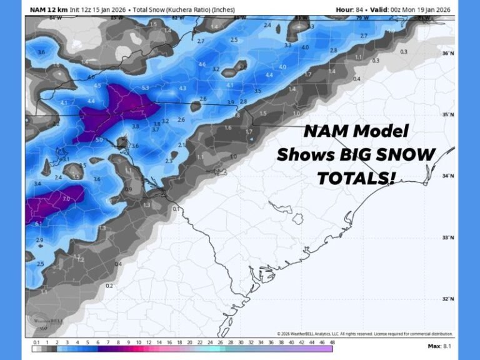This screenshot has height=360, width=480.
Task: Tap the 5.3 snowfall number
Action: (x=145, y=88)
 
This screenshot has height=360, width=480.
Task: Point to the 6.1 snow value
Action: (x=39, y=223)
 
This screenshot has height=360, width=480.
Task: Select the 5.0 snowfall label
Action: (x=99, y=140)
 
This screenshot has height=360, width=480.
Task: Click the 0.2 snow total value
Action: (x=109, y=286)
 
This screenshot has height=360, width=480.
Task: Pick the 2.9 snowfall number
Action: (x=40, y=240)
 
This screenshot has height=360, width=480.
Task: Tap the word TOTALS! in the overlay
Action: (x=357, y=178)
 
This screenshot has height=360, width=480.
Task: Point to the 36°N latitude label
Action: (x=447, y=54)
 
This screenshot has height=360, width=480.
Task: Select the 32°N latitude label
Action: (x=447, y=299)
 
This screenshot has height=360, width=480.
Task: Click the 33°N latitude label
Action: (x=447, y=237)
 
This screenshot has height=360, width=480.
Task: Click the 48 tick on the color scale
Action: (x=332, y=343)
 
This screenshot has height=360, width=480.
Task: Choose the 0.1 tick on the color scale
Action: (x=36, y=343)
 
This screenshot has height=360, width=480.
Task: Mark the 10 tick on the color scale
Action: (x=138, y=343)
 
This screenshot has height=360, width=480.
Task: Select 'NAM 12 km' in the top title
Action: (x=48, y=9)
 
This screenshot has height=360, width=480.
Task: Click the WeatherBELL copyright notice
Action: (x=365, y=334)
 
